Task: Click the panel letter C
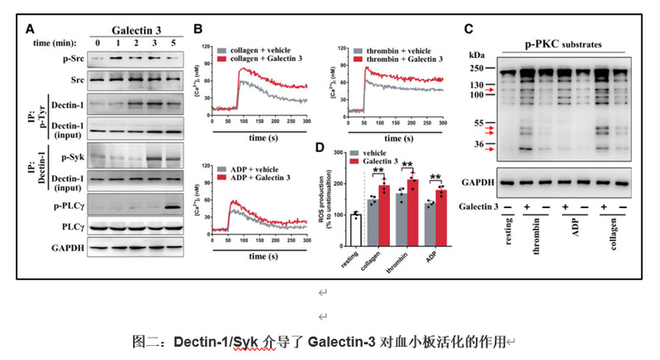(x=468, y=28)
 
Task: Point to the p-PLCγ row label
(x=66, y=201)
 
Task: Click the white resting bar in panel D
(x=356, y=230)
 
